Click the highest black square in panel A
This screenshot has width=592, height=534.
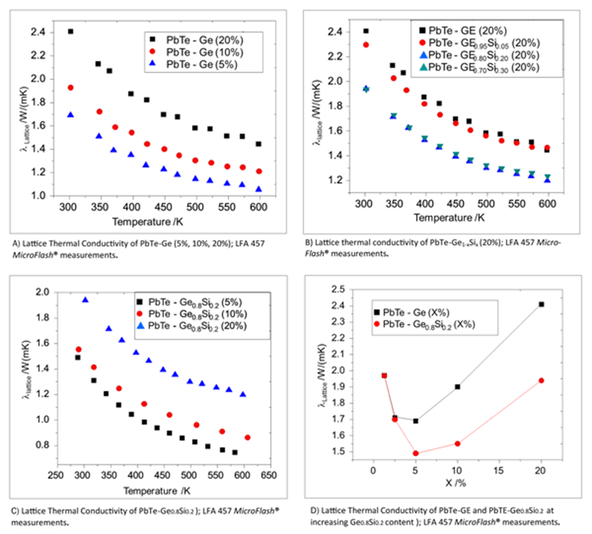coord(70,31)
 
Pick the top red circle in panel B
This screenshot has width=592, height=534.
coord(365,45)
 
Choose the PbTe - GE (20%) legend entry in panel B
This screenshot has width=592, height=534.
coord(464,30)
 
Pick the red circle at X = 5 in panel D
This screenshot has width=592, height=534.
coord(416,453)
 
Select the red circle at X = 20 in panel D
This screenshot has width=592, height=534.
coord(542,381)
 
